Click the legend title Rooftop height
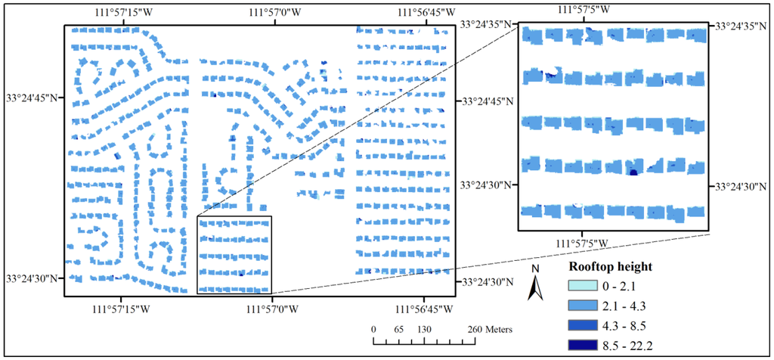(610, 267)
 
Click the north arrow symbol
(535, 287)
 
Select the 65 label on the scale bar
(398, 330)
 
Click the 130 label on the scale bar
(425, 330)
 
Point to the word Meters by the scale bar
(495, 330)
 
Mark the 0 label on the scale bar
(373, 330)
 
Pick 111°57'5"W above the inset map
(583, 8)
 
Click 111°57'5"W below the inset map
(583, 243)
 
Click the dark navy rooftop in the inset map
(633, 172)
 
